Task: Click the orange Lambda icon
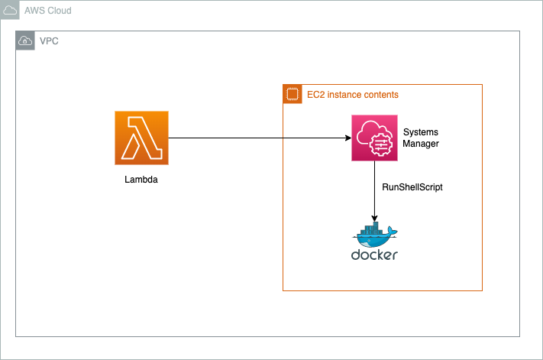(141, 138)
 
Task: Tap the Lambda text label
(141, 180)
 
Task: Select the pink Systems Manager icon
(375, 138)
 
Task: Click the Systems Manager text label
(421, 138)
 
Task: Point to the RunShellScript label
(412, 186)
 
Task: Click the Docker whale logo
(374, 234)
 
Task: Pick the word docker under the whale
(374, 255)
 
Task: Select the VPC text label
(50, 41)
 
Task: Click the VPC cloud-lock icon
(25, 41)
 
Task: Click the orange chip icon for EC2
(292, 94)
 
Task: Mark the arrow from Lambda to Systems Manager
(260, 138)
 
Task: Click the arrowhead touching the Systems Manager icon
(347, 138)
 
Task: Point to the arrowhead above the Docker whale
(375, 217)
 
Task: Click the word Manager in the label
(421, 144)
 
